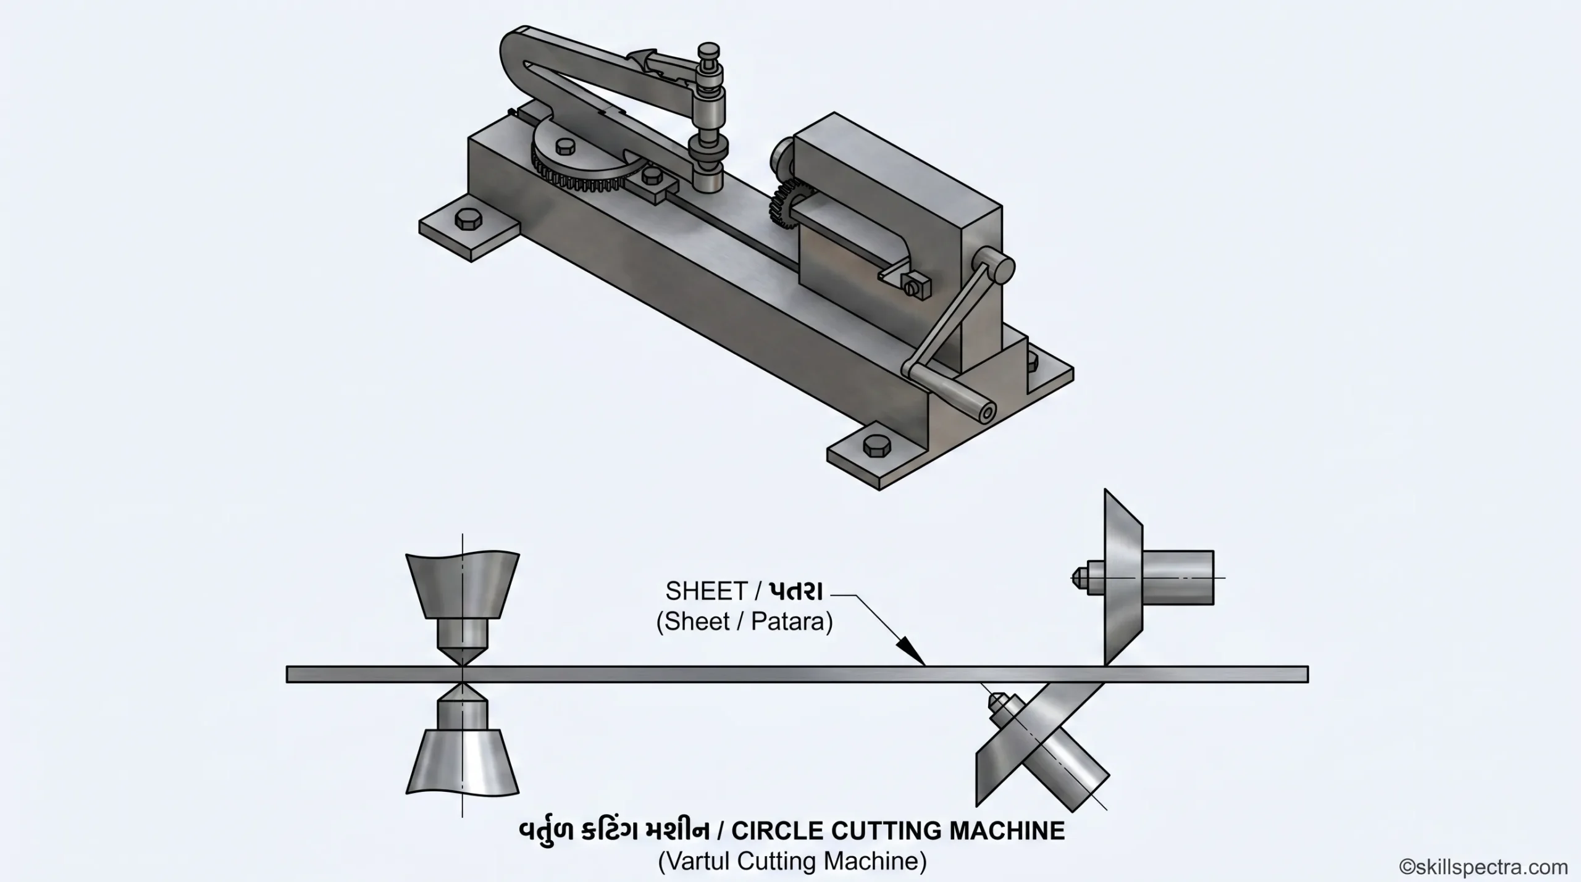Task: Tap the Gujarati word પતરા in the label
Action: [795, 591]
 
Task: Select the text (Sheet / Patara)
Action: [744, 622]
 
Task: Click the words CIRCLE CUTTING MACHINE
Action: [899, 831]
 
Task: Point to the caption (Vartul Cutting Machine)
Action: [792, 861]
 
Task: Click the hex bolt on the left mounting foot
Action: [466, 220]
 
